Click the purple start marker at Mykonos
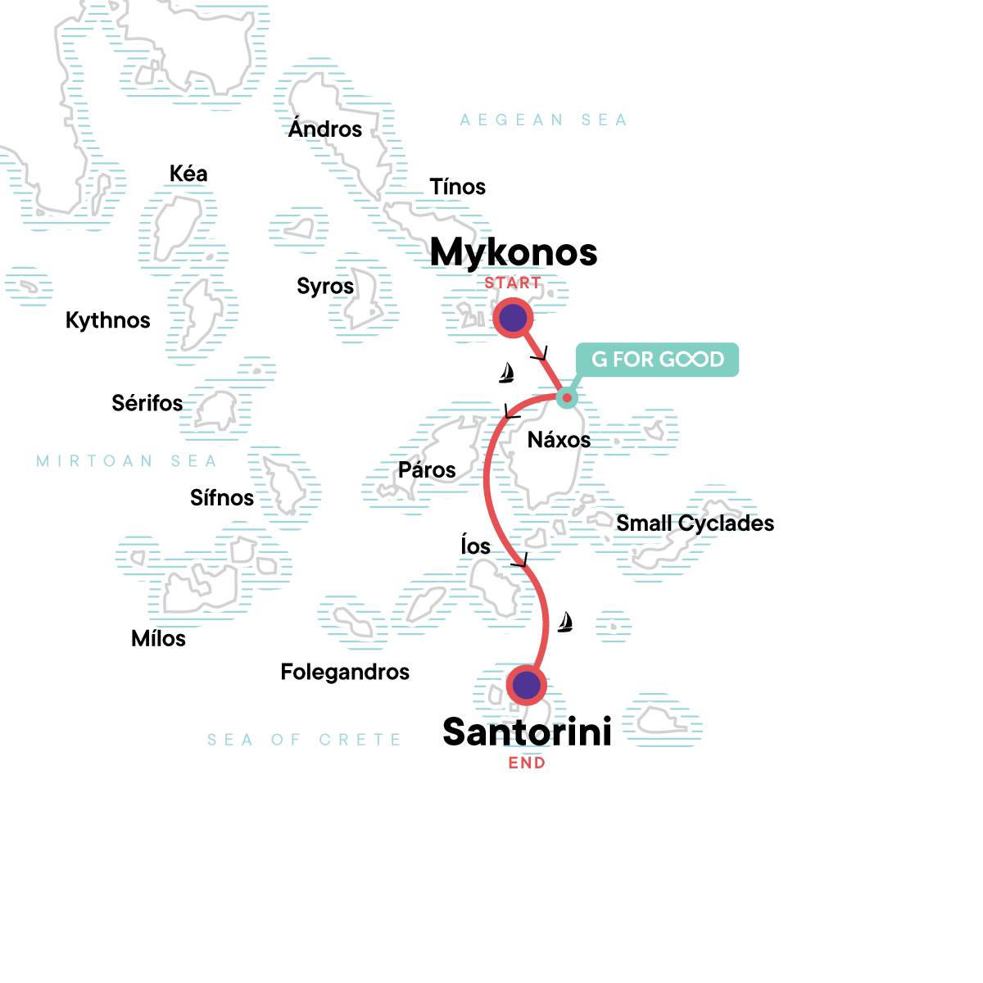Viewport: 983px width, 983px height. (x=513, y=318)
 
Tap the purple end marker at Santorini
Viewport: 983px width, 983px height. (x=526, y=684)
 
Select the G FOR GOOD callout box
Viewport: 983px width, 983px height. (x=657, y=360)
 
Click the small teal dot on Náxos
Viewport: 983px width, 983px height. (x=566, y=398)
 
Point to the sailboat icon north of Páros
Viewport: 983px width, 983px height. (x=507, y=374)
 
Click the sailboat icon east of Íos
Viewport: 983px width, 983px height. (x=564, y=623)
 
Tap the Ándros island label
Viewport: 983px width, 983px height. (x=325, y=129)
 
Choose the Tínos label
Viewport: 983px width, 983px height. (x=457, y=187)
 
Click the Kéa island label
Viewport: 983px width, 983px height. (x=188, y=174)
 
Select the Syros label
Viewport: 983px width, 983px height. (x=325, y=286)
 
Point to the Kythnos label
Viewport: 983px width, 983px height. (x=108, y=320)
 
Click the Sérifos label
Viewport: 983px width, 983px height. (x=147, y=403)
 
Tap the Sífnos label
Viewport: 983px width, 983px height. (x=222, y=497)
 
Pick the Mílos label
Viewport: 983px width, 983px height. (x=158, y=638)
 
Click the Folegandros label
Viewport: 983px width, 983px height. (x=345, y=672)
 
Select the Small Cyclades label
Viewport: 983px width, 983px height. (x=695, y=523)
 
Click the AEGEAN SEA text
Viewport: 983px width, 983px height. (x=543, y=120)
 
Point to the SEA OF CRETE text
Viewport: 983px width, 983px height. (x=304, y=740)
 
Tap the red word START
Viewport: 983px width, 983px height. (x=513, y=283)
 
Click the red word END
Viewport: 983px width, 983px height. (x=527, y=763)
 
